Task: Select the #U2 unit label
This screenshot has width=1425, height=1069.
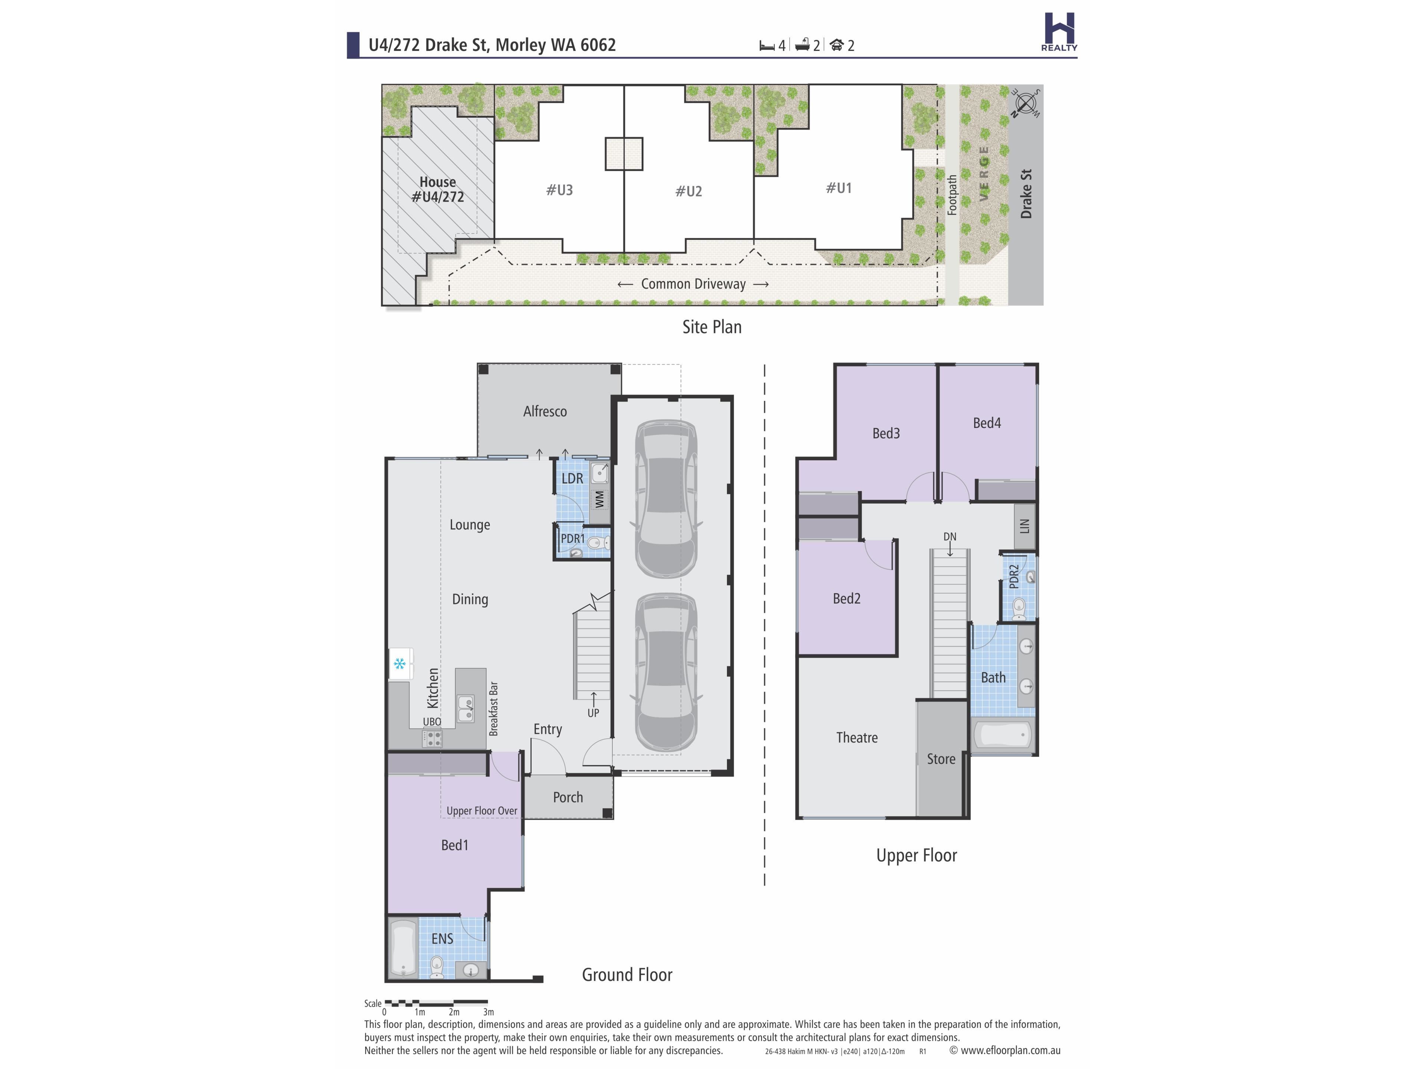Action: coord(689,192)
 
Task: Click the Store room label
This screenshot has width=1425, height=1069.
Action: coord(941,759)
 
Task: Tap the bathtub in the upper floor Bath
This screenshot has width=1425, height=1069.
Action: coord(1002,735)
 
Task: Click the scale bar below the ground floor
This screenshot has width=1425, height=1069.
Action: coord(436,1003)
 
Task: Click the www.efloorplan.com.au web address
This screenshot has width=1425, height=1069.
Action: coord(1010,1050)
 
